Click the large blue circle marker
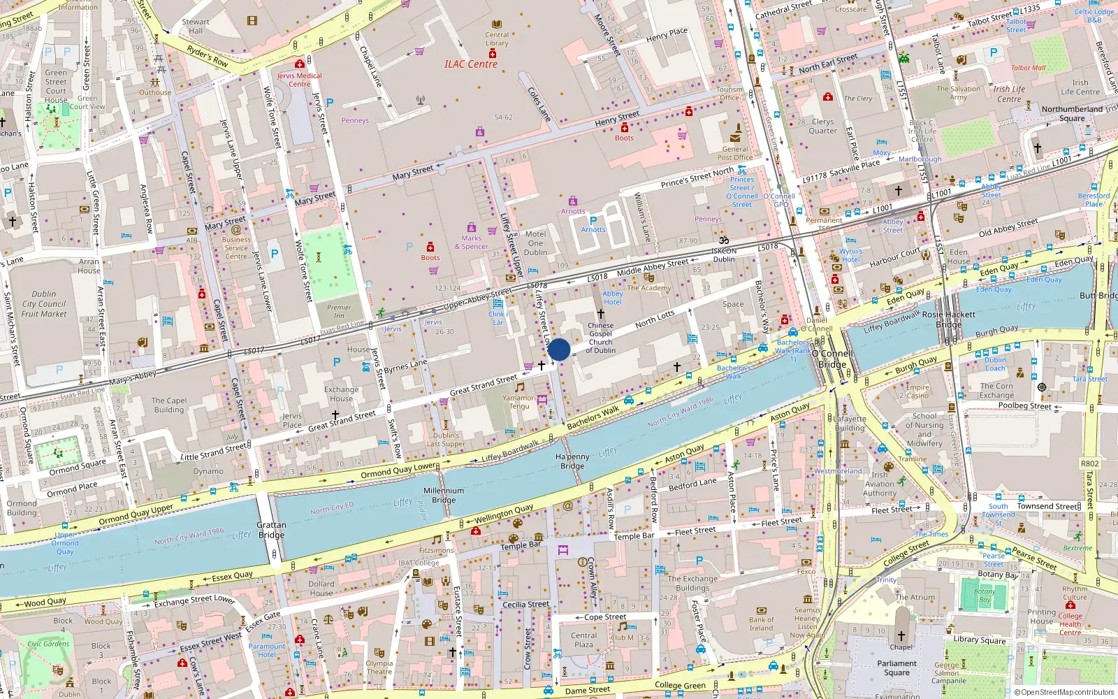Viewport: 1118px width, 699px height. [x=559, y=349]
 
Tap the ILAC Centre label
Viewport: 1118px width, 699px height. [x=471, y=64]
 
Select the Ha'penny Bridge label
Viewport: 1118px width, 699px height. [x=572, y=461]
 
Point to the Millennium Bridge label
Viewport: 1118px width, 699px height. [x=444, y=495]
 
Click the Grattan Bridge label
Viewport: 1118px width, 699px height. [x=271, y=530]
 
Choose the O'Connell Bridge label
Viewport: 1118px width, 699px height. [x=832, y=359]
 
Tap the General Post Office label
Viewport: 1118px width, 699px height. [x=735, y=153]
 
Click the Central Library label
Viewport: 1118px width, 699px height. [x=497, y=39]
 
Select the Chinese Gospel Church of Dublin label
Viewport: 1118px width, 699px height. [x=600, y=338]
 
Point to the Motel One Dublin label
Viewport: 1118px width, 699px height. [x=536, y=243]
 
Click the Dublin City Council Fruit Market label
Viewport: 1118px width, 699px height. [x=44, y=304]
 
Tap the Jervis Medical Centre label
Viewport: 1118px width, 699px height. [x=299, y=80]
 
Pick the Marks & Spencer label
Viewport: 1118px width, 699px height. [x=471, y=242]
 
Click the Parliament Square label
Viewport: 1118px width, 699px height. [x=896, y=668]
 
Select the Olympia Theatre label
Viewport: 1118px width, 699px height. [x=379, y=668]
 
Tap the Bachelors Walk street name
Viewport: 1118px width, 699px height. [x=593, y=418]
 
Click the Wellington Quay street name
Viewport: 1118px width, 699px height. [x=504, y=514]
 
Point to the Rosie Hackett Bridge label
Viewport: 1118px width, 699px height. [x=949, y=319]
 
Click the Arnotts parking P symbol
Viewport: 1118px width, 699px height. [x=593, y=221]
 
